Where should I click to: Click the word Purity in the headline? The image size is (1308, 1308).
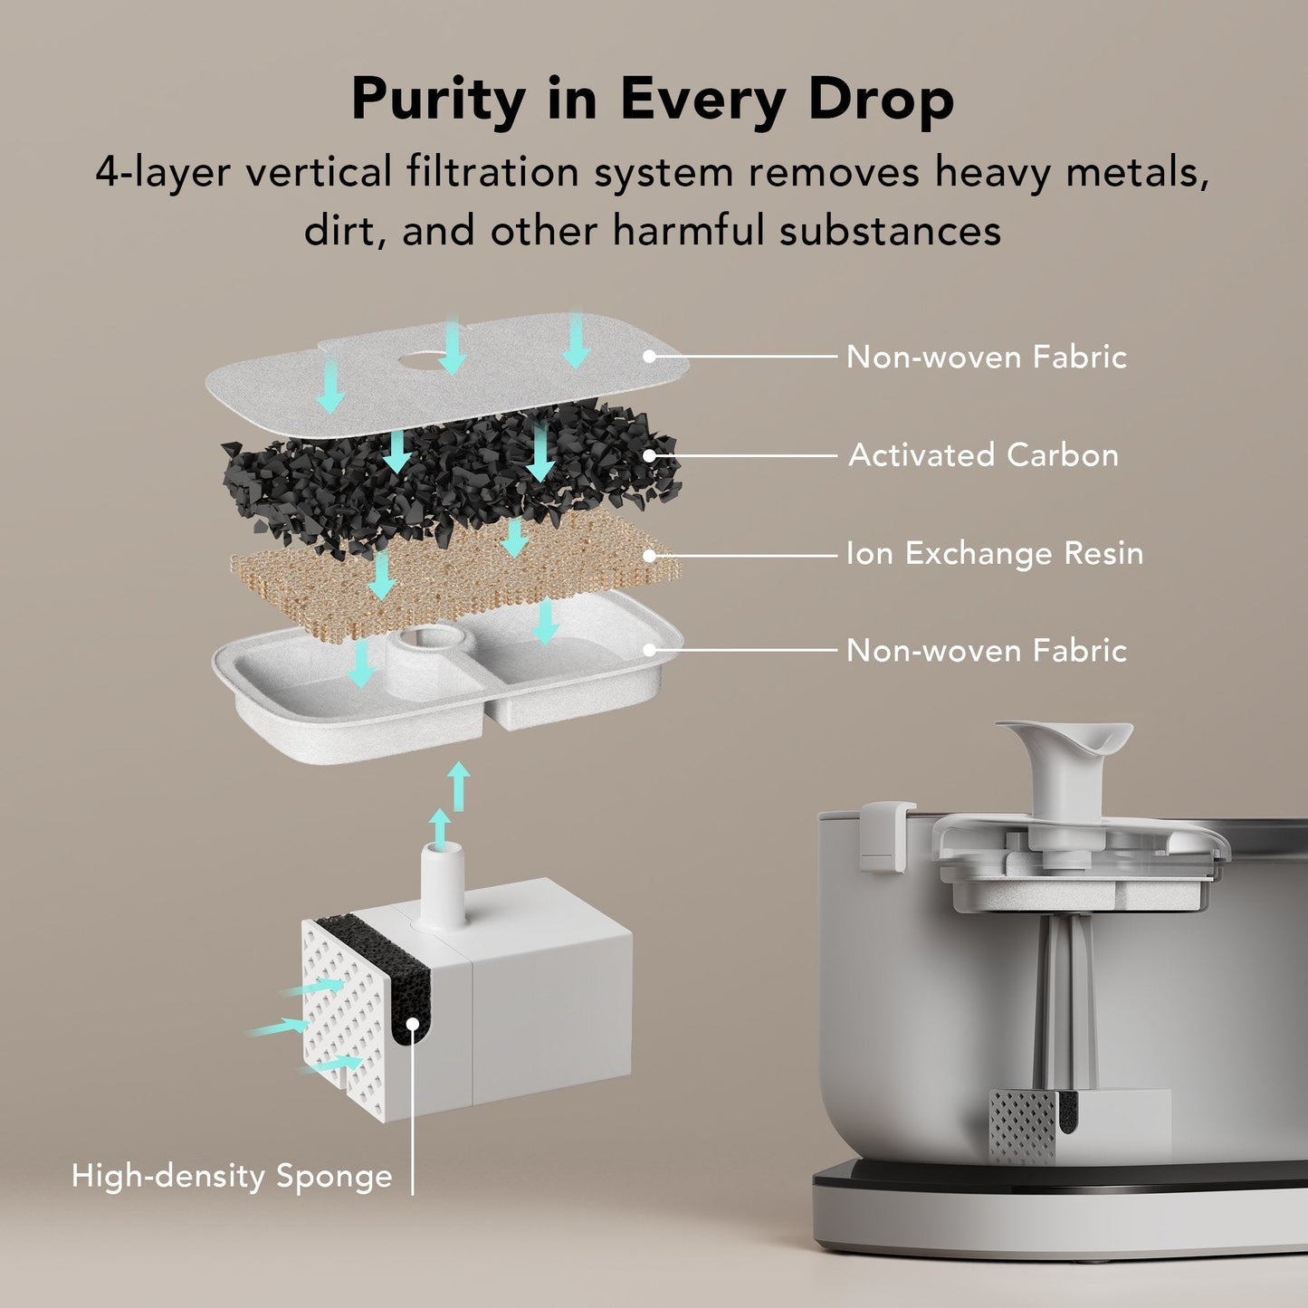(437, 100)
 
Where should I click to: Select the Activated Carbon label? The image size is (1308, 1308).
(983, 454)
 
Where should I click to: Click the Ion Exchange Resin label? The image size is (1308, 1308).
(994, 553)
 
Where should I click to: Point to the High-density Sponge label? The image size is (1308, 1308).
(232, 1176)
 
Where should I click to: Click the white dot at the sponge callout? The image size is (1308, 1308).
(412, 1024)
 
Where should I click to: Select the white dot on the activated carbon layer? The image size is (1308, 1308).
(648, 455)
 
